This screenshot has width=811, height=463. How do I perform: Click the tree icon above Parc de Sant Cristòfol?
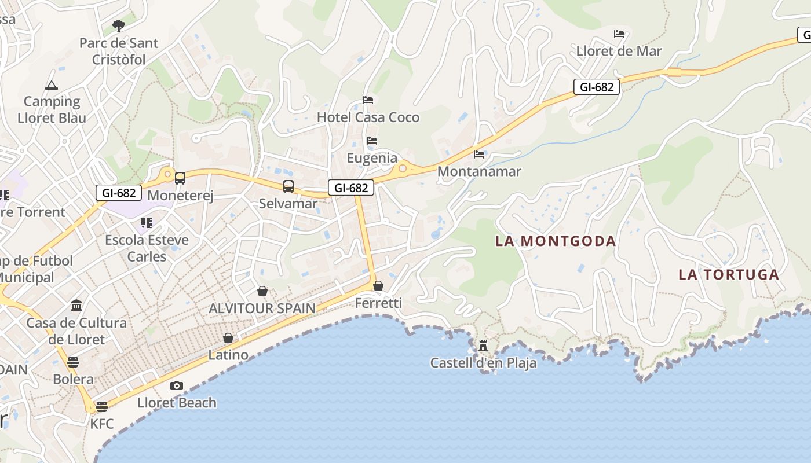pos(119,26)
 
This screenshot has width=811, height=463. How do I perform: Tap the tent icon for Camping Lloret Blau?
pos(52,86)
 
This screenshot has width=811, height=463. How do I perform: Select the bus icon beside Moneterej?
pos(180,178)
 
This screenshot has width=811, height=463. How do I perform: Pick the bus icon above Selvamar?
pos(288,186)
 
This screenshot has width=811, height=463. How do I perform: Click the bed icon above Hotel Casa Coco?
pos(368,100)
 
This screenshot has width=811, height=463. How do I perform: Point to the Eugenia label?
pos(372,158)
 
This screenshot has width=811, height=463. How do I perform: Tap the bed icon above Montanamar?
pos(479,155)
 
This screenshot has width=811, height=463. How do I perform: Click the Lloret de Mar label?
pos(619,51)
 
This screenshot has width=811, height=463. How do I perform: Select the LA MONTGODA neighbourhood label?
pos(555,241)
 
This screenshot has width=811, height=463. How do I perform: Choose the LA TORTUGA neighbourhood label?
pos(729,274)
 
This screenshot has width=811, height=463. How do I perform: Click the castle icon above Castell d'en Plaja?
pos(483,346)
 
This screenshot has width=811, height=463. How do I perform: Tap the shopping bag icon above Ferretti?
pos(378,286)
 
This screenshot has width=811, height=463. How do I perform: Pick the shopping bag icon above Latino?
pos(228,338)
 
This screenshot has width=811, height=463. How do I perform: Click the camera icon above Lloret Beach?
pos(177,385)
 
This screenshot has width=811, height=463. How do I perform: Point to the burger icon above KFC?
pos(102,406)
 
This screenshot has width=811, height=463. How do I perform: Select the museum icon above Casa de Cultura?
pos(76,305)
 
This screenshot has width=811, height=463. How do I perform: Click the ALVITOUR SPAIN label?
pos(262,308)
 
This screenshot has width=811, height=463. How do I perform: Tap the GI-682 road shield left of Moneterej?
pos(119,193)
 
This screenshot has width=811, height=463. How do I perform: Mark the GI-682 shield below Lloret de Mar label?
pos(597,87)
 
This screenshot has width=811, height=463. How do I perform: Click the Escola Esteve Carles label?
pos(147,248)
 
